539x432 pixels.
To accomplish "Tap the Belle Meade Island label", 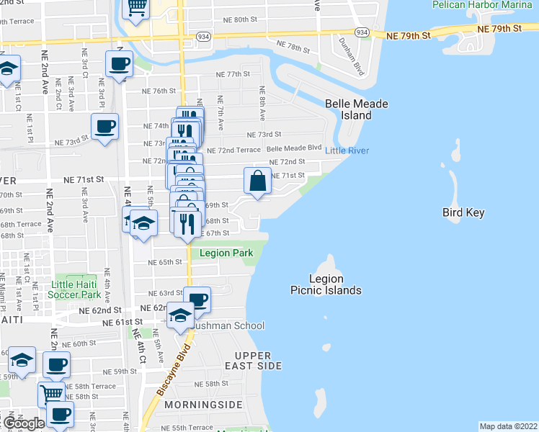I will tap(356, 109).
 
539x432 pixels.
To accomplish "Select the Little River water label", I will tap(347, 150).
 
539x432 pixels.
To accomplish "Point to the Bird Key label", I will tap(463, 212).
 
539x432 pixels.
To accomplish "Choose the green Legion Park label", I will tap(226, 253).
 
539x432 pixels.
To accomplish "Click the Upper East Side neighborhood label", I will tap(252, 361).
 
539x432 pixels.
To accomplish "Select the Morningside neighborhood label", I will tap(200, 405).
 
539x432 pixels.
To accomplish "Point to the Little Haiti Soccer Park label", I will tap(76, 290).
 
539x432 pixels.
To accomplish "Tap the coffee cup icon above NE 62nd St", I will tap(197, 300).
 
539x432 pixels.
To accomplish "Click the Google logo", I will tap(23, 423).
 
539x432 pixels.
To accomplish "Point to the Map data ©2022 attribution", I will tap(508, 426).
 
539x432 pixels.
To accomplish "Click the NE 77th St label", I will tap(232, 74).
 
